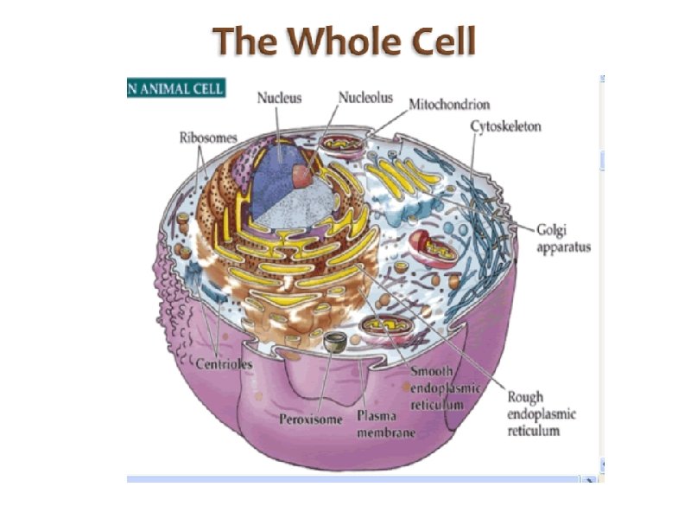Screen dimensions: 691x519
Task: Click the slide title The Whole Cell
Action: pyautogui.click(x=345, y=41)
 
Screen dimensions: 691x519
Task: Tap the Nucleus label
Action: pyautogui.click(x=280, y=98)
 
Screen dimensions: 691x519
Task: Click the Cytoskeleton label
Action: pyautogui.click(x=506, y=126)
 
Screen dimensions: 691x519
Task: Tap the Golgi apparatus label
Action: pyautogui.click(x=563, y=239)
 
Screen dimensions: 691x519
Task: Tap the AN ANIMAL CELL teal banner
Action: pyautogui.click(x=176, y=86)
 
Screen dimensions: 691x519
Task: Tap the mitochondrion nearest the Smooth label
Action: pyautogui.click(x=382, y=327)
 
